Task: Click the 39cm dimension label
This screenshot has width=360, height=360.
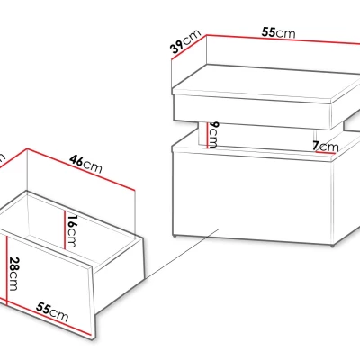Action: tap(185, 41)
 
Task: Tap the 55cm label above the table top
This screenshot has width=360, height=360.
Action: tap(278, 32)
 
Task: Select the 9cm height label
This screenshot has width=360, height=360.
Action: tap(213, 135)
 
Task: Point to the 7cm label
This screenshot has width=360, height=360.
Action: tap(326, 147)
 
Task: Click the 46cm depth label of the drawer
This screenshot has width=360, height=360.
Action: tap(85, 164)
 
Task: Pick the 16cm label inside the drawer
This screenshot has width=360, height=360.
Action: tap(71, 231)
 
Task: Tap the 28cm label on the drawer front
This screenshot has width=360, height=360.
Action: tap(13, 274)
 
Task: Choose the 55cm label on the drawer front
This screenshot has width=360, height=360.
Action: tap(52, 312)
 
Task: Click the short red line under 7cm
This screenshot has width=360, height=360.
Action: tap(325, 152)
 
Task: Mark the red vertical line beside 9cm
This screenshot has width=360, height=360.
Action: tap(207, 135)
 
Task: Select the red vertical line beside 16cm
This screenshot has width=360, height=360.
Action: tap(65, 229)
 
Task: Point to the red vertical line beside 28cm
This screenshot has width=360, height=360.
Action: tap(6, 269)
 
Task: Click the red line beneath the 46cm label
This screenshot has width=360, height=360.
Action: tap(81, 169)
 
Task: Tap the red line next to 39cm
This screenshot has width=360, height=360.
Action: tap(189, 48)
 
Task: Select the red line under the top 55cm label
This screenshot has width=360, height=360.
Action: tap(283, 40)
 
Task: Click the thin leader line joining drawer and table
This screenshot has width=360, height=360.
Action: tap(182, 254)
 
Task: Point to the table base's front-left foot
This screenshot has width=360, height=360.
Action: tap(175, 236)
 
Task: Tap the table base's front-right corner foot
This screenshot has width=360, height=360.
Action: tap(332, 246)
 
